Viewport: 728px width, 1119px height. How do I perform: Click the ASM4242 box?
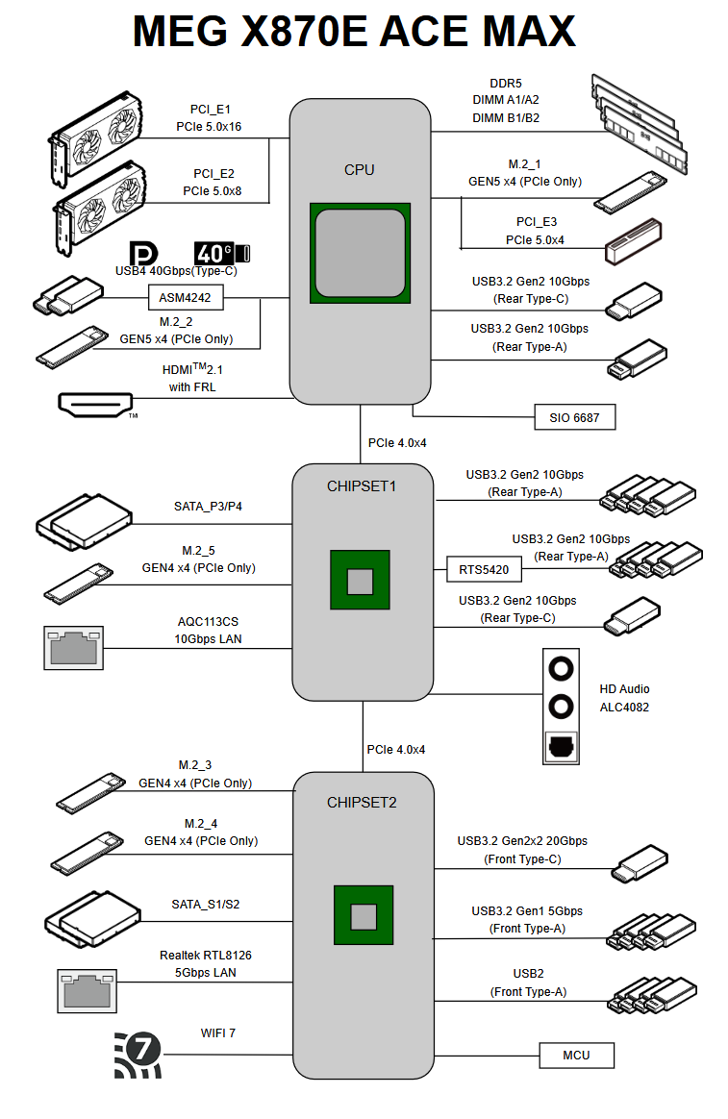(x=186, y=298)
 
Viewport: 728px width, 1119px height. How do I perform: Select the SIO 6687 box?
(x=574, y=417)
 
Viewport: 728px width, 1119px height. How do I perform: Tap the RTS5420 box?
(x=484, y=569)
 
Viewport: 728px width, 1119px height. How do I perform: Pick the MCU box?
(x=576, y=1056)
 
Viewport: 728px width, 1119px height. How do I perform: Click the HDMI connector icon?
(x=95, y=404)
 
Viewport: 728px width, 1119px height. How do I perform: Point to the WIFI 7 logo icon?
(x=138, y=1054)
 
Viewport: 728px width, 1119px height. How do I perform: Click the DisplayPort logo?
(x=143, y=254)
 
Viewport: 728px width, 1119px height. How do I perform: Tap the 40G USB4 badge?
(x=222, y=253)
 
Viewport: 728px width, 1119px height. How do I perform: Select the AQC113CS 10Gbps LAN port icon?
(x=73, y=648)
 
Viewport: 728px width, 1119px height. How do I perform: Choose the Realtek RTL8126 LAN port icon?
(x=88, y=991)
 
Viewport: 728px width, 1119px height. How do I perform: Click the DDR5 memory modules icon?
(x=640, y=123)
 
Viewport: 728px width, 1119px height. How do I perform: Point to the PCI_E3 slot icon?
(x=633, y=241)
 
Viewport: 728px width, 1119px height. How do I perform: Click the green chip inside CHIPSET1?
(x=360, y=580)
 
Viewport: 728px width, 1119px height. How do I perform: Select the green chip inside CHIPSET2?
(x=364, y=915)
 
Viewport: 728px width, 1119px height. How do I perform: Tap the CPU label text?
(x=359, y=170)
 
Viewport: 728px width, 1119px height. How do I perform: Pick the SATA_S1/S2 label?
(x=206, y=905)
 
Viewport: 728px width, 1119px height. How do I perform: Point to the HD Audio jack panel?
(x=561, y=707)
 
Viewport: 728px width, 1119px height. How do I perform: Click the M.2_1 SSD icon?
(x=631, y=192)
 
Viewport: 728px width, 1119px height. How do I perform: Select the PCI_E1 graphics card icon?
(x=96, y=137)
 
